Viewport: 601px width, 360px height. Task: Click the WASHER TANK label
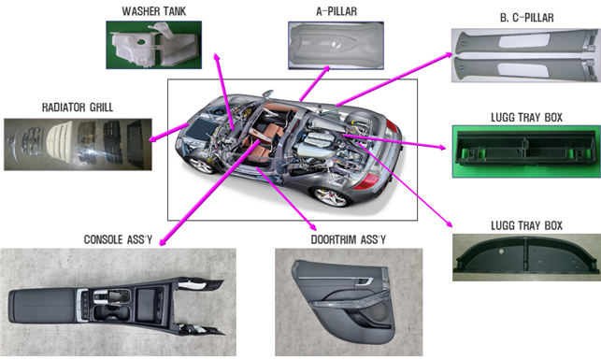[154, 11]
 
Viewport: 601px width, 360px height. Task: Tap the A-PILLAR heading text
[336, 11]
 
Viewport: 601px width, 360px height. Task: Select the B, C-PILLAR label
[526, 18]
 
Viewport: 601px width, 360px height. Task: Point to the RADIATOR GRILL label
[78, 108]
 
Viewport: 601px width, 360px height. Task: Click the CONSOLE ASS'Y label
[118, 239]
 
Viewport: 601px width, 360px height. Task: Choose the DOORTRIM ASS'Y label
[348, 239]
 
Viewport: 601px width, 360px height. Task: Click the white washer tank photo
[154, 45]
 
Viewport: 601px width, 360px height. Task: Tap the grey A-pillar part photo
[336, 46]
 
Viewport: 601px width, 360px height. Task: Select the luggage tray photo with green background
[526, 151]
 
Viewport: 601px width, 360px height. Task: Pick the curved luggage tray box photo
[526, 257]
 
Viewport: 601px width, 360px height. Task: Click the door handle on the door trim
[365, 282]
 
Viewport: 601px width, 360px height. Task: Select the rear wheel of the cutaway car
[331, 196]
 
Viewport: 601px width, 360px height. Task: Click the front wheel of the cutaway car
[202, 164]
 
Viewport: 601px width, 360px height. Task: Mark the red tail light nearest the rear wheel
[367, 181]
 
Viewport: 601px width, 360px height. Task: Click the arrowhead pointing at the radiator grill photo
[153, 138]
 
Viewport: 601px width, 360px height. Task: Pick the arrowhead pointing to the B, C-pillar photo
[449, 55]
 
